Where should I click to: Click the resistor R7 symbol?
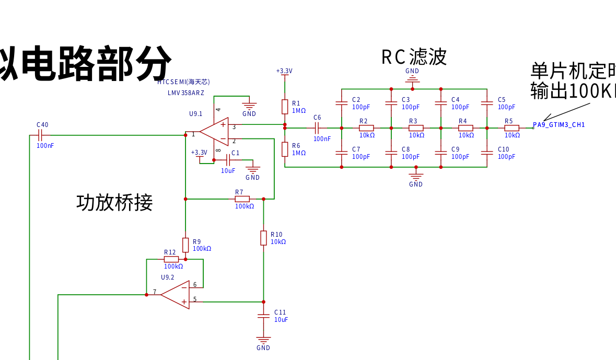coord(242,199)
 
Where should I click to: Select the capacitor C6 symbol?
coord(317,127)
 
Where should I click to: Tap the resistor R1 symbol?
coord(285,107)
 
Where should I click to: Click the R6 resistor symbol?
coord(285,149)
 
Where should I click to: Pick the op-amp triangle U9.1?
coord(215,131)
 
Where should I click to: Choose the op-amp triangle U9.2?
coord(175,295)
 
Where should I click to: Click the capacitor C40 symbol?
coord(40,135)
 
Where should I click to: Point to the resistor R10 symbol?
coord(263,238)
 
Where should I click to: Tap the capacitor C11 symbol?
coord(263,316)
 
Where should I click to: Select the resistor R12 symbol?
coord(171,259)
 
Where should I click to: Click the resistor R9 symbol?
coord(185,245)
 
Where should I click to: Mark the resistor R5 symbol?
coord(512,128)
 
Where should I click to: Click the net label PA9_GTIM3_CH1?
coord(559,125)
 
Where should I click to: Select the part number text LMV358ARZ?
coord(186,93)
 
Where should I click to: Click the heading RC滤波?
coord(414,57)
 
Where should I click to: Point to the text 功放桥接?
coord(114,202)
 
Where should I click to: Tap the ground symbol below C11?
coord(263,340)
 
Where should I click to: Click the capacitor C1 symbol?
coord(228,160)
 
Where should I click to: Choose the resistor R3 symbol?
coord(416,128)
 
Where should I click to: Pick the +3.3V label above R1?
coord(284,71)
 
